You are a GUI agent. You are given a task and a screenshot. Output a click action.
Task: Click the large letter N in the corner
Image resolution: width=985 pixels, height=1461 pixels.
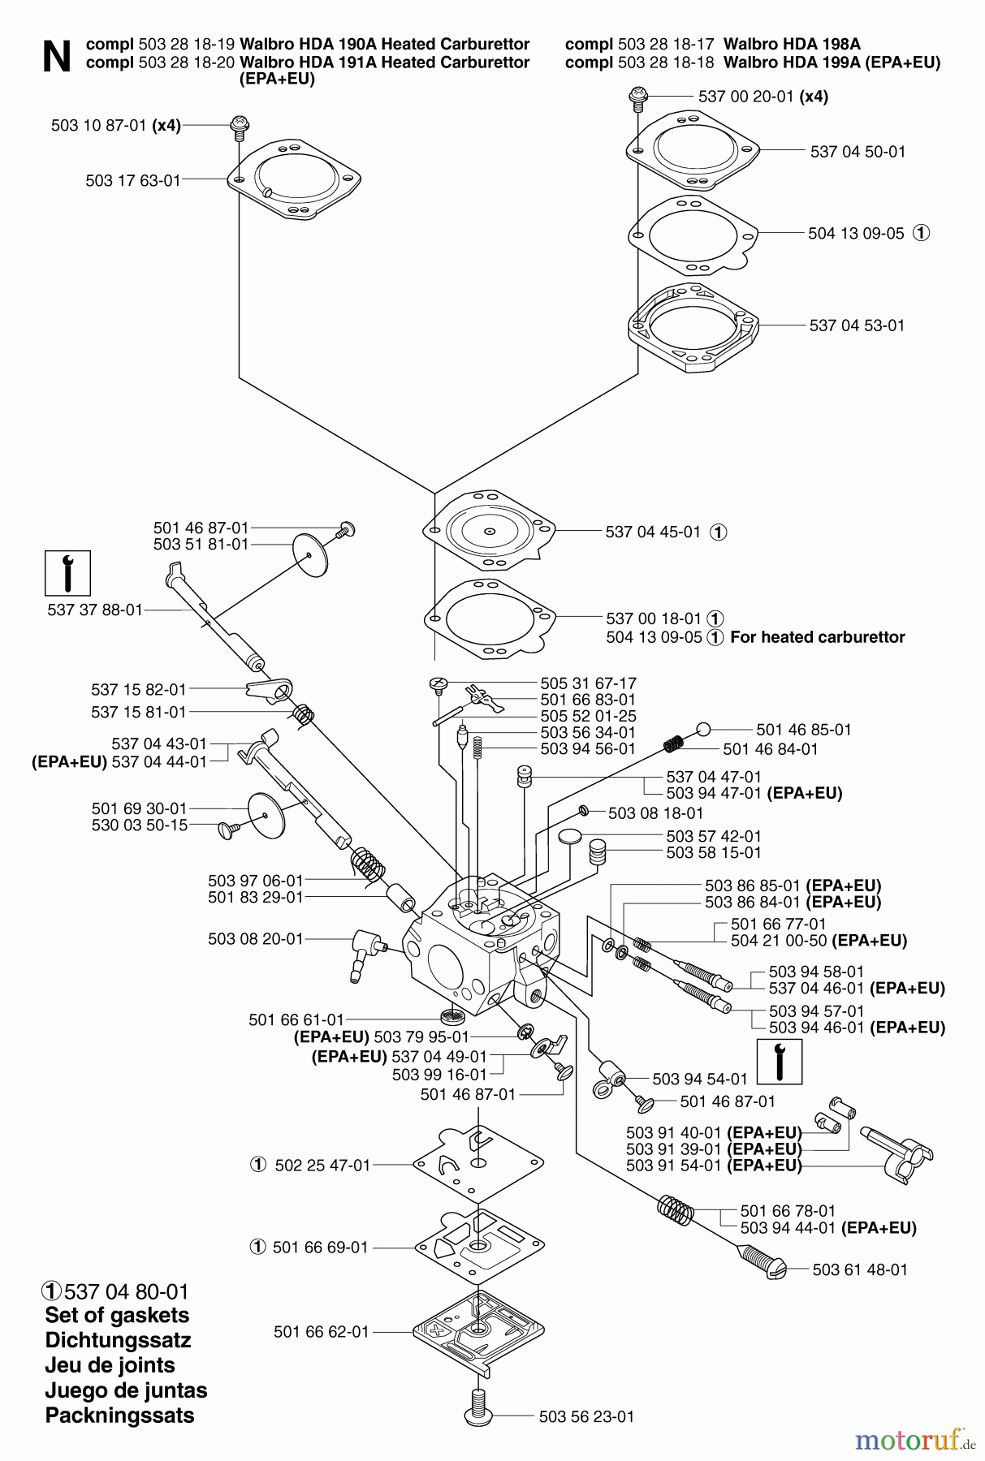(56, 57)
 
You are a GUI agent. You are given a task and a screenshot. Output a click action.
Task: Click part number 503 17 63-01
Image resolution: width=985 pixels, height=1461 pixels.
(132, 180)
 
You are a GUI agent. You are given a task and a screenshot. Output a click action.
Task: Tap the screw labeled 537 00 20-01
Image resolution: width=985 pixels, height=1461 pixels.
(637, 97)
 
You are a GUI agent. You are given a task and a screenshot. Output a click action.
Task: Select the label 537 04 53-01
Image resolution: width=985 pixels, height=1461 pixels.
(857, 325)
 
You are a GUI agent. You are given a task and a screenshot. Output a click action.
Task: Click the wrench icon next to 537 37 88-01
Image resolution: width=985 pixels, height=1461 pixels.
(67, 573)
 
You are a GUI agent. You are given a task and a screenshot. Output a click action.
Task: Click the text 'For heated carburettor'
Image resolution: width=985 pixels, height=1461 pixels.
(817, 637)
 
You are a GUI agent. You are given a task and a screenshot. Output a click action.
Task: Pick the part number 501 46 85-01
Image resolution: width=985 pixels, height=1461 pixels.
(803, 730)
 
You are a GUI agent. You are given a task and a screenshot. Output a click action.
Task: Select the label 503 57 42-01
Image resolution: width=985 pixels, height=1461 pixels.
(714, 836)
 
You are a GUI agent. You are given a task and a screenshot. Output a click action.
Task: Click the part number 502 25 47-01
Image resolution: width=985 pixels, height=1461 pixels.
(322, 1165)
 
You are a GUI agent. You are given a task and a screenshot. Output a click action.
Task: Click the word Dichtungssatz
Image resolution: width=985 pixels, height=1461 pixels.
(118, 1340)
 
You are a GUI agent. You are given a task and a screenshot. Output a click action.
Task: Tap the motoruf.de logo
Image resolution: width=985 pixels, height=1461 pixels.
(913, 1440)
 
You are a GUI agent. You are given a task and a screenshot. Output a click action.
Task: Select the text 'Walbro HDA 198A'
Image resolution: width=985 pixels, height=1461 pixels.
(791, 44)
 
